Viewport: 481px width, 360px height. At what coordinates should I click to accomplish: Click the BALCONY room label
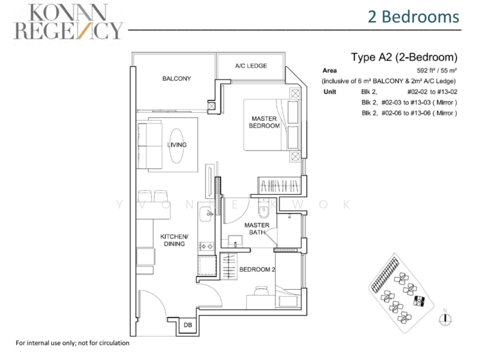click(177, 79)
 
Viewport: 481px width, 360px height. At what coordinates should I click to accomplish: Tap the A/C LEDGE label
click(251, 66)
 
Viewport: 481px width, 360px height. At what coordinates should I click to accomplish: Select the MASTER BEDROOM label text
click(264, 122)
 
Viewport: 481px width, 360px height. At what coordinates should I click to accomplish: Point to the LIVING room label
click(177, 145)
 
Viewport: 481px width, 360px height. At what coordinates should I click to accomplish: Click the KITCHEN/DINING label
click(174, 240)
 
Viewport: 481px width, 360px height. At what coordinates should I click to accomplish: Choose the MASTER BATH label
click(257, 229)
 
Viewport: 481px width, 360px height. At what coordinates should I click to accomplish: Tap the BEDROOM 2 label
click(257, 269)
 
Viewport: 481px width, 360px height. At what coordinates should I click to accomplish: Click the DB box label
click(188, 325)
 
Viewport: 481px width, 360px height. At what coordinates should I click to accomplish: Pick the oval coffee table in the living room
click(176, 145)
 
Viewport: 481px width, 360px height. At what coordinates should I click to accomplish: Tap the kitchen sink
click(206, 214)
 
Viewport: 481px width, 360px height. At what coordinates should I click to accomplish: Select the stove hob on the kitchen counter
click(206, 246)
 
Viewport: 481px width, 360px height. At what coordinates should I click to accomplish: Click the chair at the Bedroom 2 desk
click(262, 290)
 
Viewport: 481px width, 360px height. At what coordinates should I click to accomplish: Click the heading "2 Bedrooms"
click(414, 17)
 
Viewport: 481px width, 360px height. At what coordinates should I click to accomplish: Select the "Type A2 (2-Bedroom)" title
click(404, 57)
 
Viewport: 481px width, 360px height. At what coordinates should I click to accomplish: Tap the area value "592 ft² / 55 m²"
click(437, 70)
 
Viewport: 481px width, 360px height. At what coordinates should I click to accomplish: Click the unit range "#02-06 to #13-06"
click(406, 113)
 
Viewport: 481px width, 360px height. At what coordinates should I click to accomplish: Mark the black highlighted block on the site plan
click(418, 301)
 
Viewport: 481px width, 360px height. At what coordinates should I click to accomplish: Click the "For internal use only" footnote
click(72, 343)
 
